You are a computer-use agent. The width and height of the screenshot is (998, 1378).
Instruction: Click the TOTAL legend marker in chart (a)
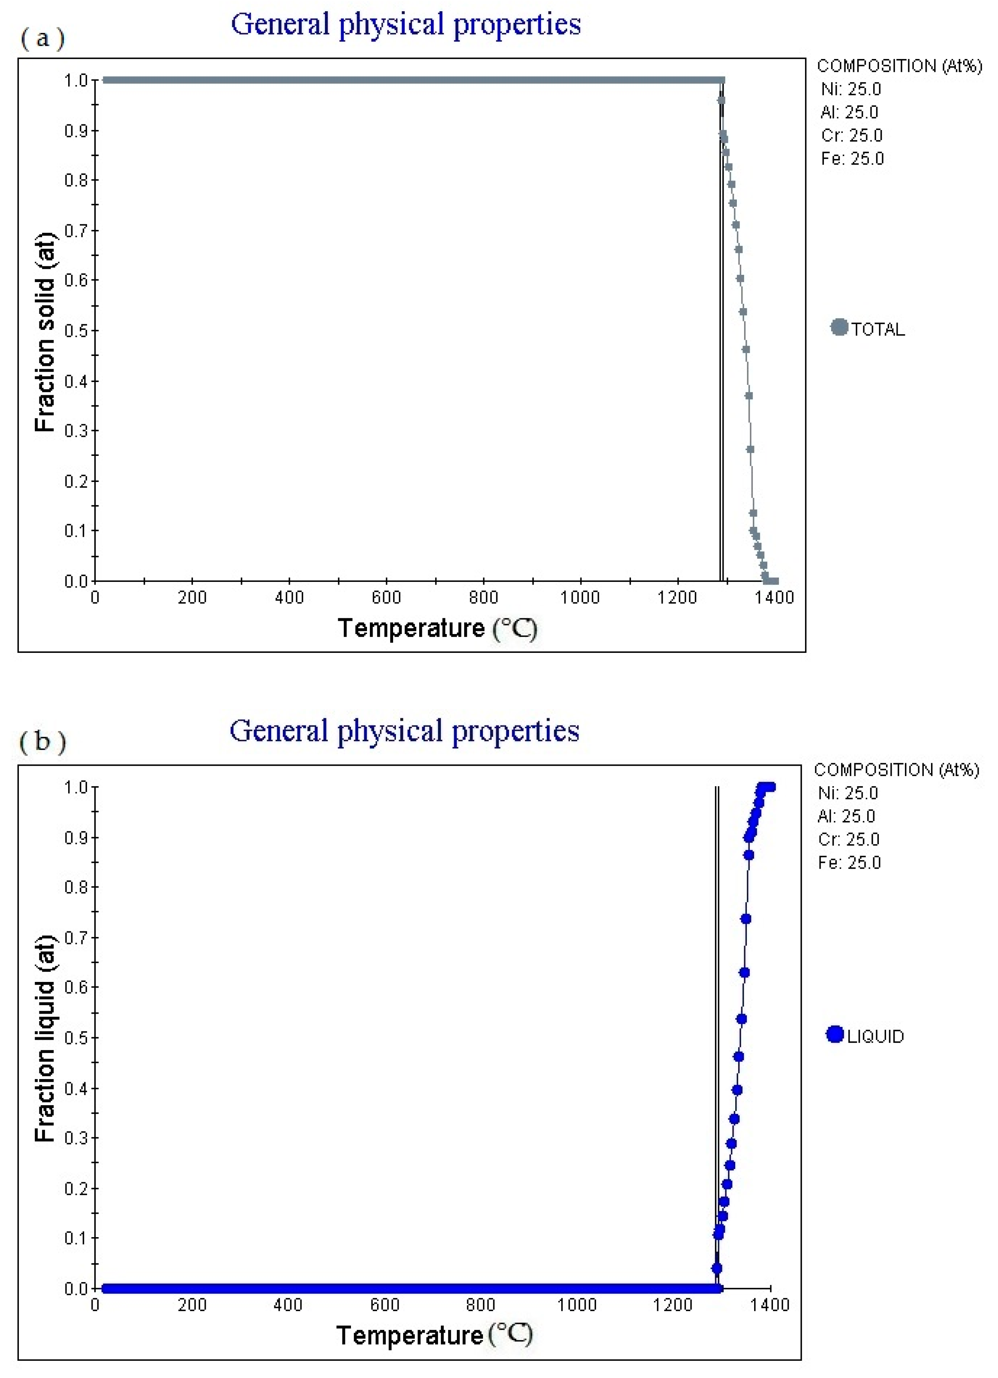point(839,327)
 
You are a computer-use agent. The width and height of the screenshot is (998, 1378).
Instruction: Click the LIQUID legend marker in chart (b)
point(835,1034)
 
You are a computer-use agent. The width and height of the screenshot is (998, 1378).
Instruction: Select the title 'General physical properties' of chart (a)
point(406,25)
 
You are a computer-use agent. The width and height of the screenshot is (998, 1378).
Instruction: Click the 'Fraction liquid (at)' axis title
point(45,1037)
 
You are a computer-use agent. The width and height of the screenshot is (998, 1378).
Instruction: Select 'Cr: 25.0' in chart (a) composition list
point(851,136)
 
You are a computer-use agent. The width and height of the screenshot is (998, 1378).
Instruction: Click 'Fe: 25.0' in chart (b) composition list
point(848,862)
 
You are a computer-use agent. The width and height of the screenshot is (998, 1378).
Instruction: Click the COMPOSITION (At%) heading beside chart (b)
point(897,770)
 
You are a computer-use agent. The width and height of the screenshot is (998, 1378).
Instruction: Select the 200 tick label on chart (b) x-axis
point(192,1305)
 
